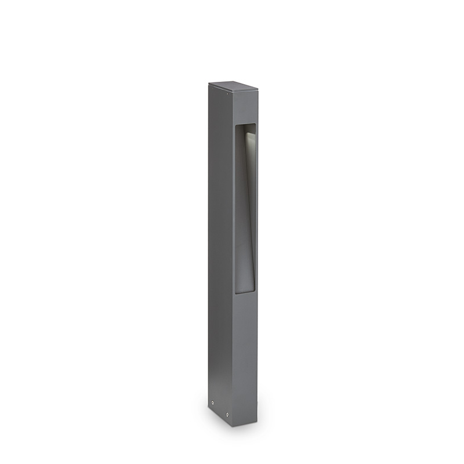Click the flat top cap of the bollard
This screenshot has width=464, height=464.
233,88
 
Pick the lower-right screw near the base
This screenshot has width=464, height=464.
227,414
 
